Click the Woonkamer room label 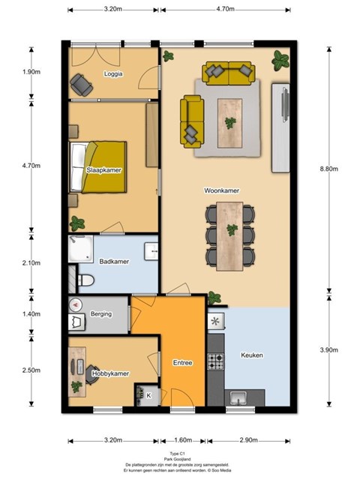click(222, 190)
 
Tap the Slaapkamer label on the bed click(103, 170)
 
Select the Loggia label click(113, 73)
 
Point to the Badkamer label click(114, 262)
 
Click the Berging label click(101, 313)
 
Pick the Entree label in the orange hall click(183, 363)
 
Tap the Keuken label click(252, 355)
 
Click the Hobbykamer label click(110, 373)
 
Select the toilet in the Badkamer click(86, 280)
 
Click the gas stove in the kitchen click(216, 361)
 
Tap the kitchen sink click(239, 397)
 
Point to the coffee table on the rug click(229, 123)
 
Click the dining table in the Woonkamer click(229, 236)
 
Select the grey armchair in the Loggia click(82, 85)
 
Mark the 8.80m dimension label click(329, 169)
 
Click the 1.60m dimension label click(183, 440)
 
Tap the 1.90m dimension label click(31, 72)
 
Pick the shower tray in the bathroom click(80, 249)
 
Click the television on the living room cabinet click(285, 105)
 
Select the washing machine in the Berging click(76, 322)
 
